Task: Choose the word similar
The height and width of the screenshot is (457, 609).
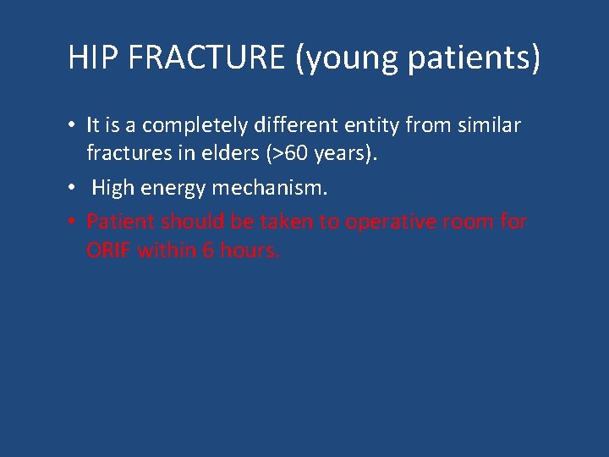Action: tap(488, 126)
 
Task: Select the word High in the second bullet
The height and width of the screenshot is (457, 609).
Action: tap(113, 188)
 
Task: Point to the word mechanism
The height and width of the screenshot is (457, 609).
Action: tap(271, 188)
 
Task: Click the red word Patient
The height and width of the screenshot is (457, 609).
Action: tap(120, 222)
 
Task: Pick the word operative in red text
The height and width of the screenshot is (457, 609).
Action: tap(386, 222)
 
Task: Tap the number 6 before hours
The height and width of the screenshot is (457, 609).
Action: tap(208, 251)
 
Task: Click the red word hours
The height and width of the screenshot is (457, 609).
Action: tap(249, 251)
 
